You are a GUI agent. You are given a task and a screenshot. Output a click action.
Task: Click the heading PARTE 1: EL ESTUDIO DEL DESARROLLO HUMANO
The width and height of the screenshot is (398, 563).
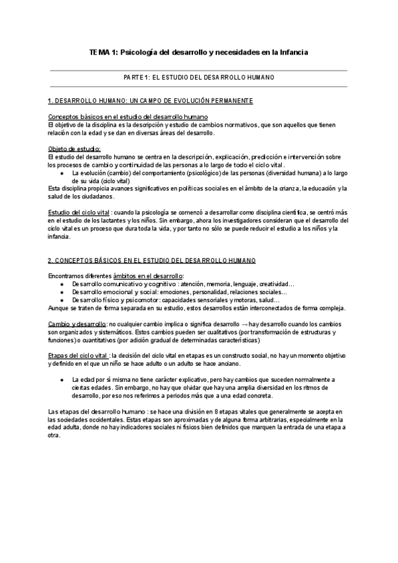pyautogui.click(x=199, y=78)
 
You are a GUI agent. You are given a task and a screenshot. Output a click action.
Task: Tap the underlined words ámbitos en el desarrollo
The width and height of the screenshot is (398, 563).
pyautogui.click(x=150, y=256)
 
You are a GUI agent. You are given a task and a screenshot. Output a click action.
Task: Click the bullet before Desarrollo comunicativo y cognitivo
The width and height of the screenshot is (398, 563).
pyautogui.click(x=62, y=265)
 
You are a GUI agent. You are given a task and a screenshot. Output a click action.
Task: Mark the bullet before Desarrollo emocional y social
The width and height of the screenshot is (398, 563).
pyautogui.click(x=62, y=273)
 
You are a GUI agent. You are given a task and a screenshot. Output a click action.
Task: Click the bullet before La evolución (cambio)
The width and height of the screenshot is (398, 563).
pyautogui.click(x=62, y=171)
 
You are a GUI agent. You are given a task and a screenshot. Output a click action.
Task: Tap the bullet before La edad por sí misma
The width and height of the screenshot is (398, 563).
pyautogui.click(x=62, y=378)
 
